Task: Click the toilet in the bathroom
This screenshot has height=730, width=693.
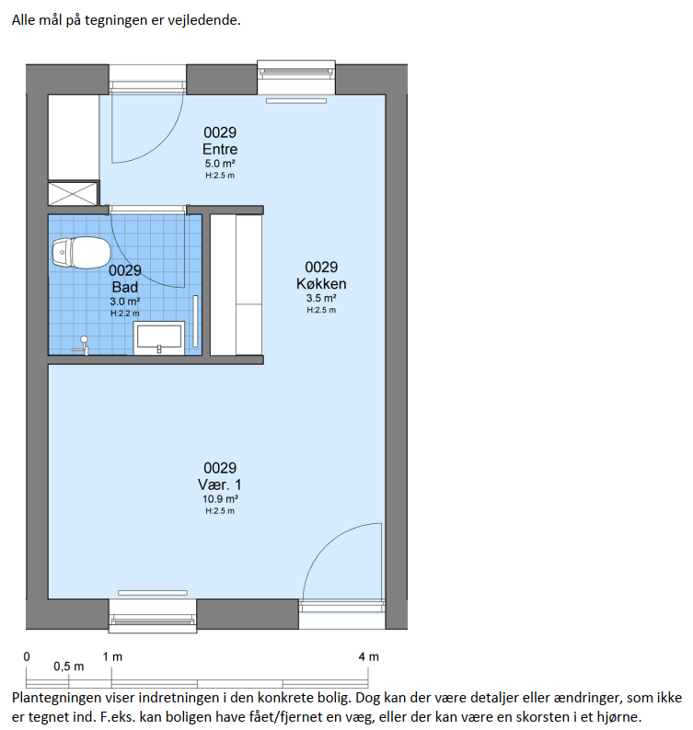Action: pyautogui.click(x=81, y=252)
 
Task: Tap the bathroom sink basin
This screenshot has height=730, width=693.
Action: pyautogui.click(x=159, y=337)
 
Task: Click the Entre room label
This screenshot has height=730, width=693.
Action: pyautogui.click(x=220, y=149)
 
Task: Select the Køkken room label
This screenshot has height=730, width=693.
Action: pyautogui.click(x=321, y=283)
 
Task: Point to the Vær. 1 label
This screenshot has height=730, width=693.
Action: pyautogui.click(x=220, y=485)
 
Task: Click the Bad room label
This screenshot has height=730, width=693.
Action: pyautogui.click(x=125, y=287)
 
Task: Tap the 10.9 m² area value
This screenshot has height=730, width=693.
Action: pyautogui.click(x=220, y=499)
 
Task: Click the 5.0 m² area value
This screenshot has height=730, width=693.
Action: pyautogui.click(x=220, y=164)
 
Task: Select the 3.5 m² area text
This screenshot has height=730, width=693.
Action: pyautogui.click(x=321, y=298)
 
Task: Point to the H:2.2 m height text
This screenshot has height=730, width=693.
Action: pyautogui.click(x=125, y=314)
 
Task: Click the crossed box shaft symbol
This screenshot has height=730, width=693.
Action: pyautogui.click(x=74, y=194)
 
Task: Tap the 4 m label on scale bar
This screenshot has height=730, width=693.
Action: pyautogui.click(x=369, y=656)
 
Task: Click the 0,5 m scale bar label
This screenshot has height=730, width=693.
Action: pyautogui.click(x=68, y=667)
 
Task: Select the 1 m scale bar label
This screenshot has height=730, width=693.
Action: pyautogui.click(x=112, y=656)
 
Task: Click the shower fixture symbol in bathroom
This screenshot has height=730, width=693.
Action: pyautogui.click(x=82, y=346)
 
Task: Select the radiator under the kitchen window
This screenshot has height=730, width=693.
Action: pyautogui.click(x=296, y=100)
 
